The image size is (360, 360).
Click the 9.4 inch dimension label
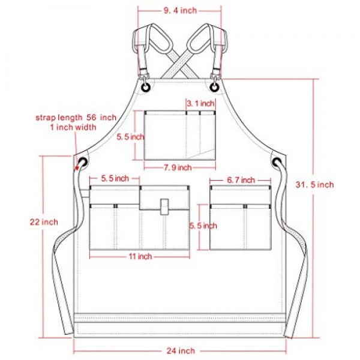click(180, 11)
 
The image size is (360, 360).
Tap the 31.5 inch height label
click(314, 185)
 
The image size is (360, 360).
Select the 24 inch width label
click(181, 350)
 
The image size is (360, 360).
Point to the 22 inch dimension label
click(44, 222)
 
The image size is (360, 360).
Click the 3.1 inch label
click(200, 104)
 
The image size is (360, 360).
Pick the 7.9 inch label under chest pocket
click(178, 167)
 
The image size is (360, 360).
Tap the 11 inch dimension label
click(140, 256)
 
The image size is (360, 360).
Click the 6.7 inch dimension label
click(241, 180)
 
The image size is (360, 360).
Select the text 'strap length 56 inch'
click(76, 118)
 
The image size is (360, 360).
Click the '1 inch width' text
click(73, 127)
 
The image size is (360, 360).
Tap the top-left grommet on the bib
click(146, 87)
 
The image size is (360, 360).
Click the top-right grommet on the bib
click(214, 87)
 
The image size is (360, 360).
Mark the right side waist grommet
click(277, 163)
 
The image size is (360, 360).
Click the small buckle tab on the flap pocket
click(164, 207)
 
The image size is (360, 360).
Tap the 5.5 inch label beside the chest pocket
click(130, 137)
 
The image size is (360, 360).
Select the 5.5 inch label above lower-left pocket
click(115, 178)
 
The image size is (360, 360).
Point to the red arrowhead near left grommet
click(77, 168)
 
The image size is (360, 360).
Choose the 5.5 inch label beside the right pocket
click(203, 226)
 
